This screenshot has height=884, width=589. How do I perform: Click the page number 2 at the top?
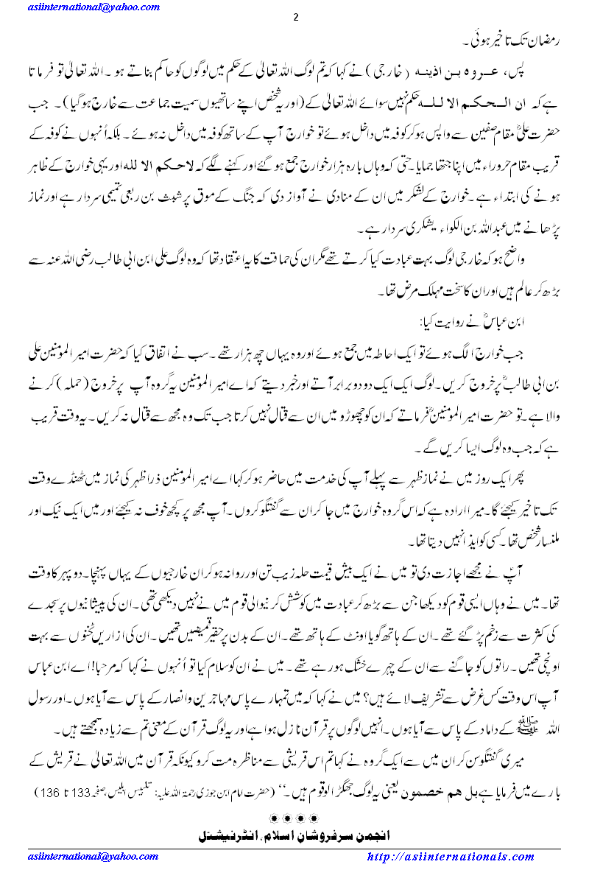(x=295, y=18)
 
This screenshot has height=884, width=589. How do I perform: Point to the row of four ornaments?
(x=294, y=818)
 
